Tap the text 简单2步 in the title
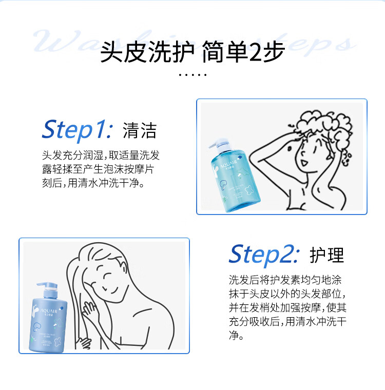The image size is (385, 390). click(x=243, y=53)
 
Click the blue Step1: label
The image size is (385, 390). click(x=76, y=130)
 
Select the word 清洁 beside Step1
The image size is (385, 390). click(x=140, y=130)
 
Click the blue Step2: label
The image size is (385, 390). click(x=263, y=254)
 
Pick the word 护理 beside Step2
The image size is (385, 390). click(x=326, y=255)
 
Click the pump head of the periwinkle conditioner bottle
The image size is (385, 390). click(x=44, y=285)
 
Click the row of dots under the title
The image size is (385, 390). click(x=192, y=75)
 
